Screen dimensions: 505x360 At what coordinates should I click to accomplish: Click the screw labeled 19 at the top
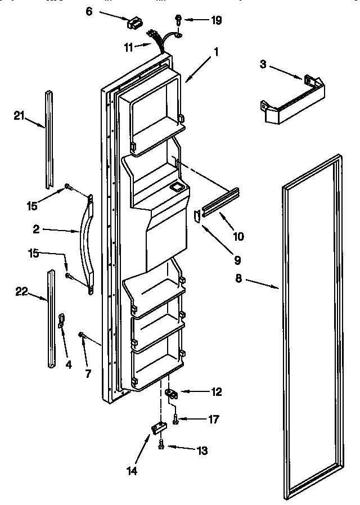click(177, 20)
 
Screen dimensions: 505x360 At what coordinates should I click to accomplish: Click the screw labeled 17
click(175, 420)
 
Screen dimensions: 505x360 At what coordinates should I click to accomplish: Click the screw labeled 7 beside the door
click(82, 335)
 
